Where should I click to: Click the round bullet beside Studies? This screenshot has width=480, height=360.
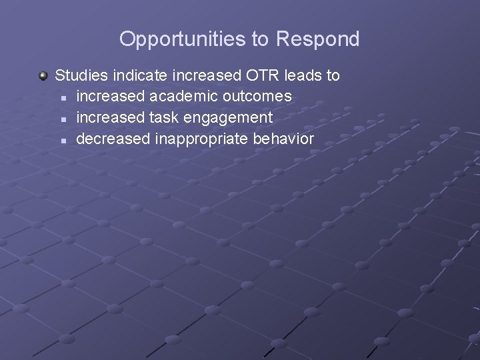click(x=43, y=76)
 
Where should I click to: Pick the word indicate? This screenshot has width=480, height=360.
click(x=137, y=75)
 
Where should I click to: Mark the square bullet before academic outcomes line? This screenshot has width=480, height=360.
click(x=63, y=97)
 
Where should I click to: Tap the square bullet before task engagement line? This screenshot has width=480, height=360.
click(x=63, y=119)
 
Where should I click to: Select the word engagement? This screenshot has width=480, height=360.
click(x=226, y=118)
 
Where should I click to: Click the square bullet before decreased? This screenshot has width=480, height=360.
click(x=63, y=140)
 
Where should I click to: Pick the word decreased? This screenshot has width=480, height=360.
click(x=113, y=139)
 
